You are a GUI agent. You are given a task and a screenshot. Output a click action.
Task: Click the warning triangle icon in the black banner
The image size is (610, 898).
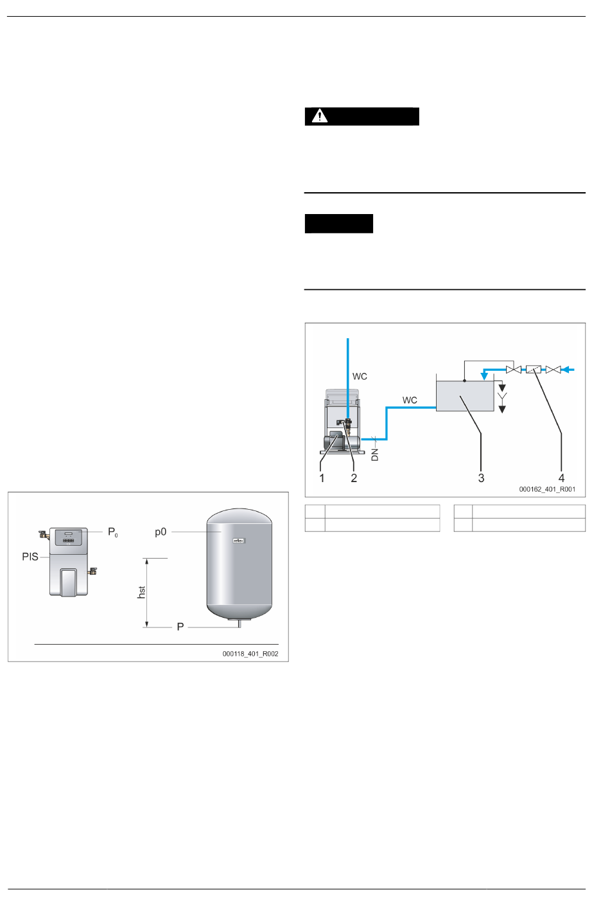[319, 116]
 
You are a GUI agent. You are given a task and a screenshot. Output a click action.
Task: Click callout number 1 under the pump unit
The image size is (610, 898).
[322, 478]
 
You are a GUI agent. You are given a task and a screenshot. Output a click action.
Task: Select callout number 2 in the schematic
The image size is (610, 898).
[354, 478]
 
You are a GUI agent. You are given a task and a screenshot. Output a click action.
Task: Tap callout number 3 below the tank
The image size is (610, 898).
[481, 478]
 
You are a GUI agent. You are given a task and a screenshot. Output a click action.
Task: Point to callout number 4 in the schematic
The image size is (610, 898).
[561, 478]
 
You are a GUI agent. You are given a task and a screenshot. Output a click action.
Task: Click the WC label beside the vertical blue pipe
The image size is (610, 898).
[360, 377]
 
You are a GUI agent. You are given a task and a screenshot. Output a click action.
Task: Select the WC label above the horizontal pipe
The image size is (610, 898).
[410, 400]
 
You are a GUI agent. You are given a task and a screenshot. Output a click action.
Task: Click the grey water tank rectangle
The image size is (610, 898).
[465, 395]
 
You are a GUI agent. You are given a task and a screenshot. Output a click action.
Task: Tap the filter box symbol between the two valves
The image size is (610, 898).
[533, 370]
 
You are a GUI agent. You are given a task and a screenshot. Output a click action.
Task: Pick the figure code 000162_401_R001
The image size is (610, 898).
[547, 489]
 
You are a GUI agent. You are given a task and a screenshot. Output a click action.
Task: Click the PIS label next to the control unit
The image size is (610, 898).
[30, 557]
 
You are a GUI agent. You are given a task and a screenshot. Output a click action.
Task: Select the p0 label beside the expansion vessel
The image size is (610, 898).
[161, 532]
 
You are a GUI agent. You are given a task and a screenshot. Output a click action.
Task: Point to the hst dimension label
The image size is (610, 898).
[142, 592]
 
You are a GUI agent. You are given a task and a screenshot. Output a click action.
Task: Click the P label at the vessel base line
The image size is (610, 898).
[180, 627]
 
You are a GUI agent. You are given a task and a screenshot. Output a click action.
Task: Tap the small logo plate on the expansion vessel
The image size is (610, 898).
[240, 541]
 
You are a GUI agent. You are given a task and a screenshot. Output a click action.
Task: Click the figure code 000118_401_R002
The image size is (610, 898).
[250, 654]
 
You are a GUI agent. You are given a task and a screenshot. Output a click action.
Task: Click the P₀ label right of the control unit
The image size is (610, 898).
[112, 532]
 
